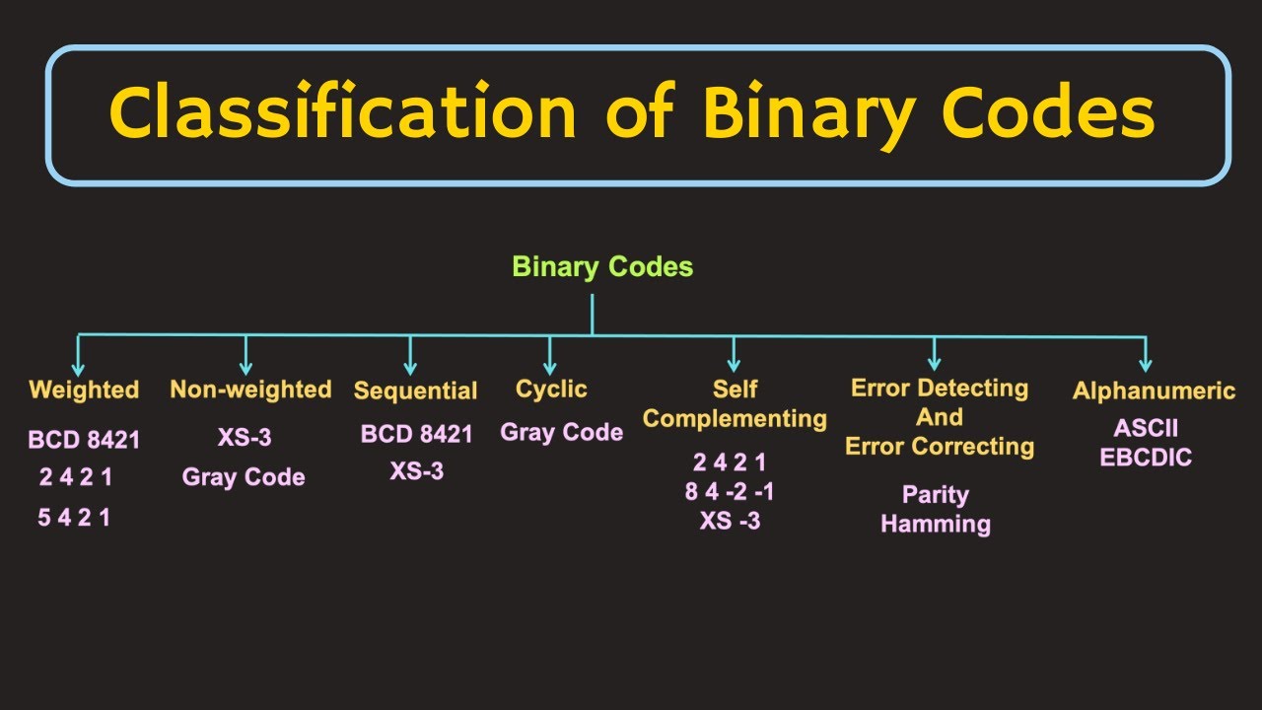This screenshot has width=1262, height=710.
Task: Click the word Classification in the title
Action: coord(342,111)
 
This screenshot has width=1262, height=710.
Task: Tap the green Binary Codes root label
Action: coord(602,266)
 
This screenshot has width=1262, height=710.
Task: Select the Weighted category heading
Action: coord(84,390)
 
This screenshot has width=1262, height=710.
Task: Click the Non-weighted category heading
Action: coord(250,390)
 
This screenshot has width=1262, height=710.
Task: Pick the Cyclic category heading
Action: coord(551,390)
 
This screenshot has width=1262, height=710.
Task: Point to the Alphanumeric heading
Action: coord(1154,390)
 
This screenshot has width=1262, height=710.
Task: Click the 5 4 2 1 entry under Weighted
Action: coord(74,517)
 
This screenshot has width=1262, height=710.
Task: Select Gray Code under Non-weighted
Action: coord(244,477)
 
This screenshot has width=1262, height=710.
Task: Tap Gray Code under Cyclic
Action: coord(562,432)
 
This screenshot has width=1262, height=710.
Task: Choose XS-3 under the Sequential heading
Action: coord(416,471)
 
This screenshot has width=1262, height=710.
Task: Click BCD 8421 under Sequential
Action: coord(416,434)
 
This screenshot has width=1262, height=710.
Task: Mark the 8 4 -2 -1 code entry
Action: coord(730,491)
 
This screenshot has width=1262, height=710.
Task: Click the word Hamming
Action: coord(935,524)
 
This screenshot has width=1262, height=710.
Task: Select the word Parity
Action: coord(935,495)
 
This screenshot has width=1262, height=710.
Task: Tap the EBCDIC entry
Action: coord(1146,458)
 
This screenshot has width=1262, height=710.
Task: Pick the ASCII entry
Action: coord(1146,429)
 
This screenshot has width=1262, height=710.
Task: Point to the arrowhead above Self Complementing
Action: coord(734,364)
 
